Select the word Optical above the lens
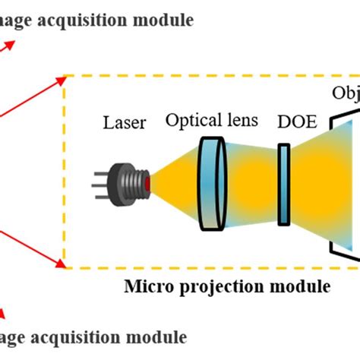188,120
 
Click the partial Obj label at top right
346,93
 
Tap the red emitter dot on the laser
147,182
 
